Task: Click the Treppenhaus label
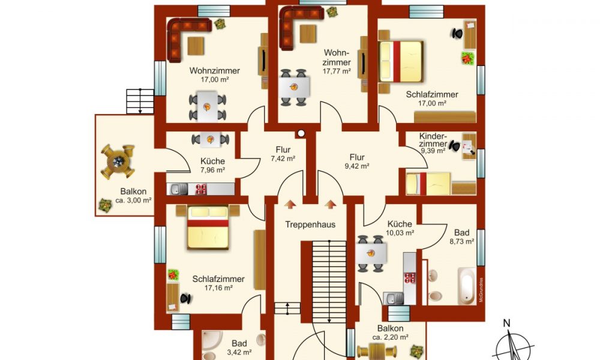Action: (x=310, y=224)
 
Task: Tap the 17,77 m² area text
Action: (x=337, y=71)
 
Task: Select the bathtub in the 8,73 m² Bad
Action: (x=467, y=286)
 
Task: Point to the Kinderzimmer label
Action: (x=433, y=140)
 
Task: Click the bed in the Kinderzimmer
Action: (x=428, y=184)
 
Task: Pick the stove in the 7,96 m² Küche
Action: (x=201, y=189)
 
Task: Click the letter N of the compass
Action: (x=506, y=323)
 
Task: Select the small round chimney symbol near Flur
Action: (x=301, y=134)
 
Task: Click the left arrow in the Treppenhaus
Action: (x=290, y=204)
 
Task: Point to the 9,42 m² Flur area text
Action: (x=357, y=166)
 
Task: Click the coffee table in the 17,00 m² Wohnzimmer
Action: (x=196, y=46)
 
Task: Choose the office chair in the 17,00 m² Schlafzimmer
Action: (x=457, y=34)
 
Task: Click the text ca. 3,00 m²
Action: (x=133, y=200)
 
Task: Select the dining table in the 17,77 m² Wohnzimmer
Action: (x=294, y=87)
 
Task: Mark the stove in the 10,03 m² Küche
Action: (x=410, y=277)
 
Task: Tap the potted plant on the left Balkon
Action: (x=105, y=205)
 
